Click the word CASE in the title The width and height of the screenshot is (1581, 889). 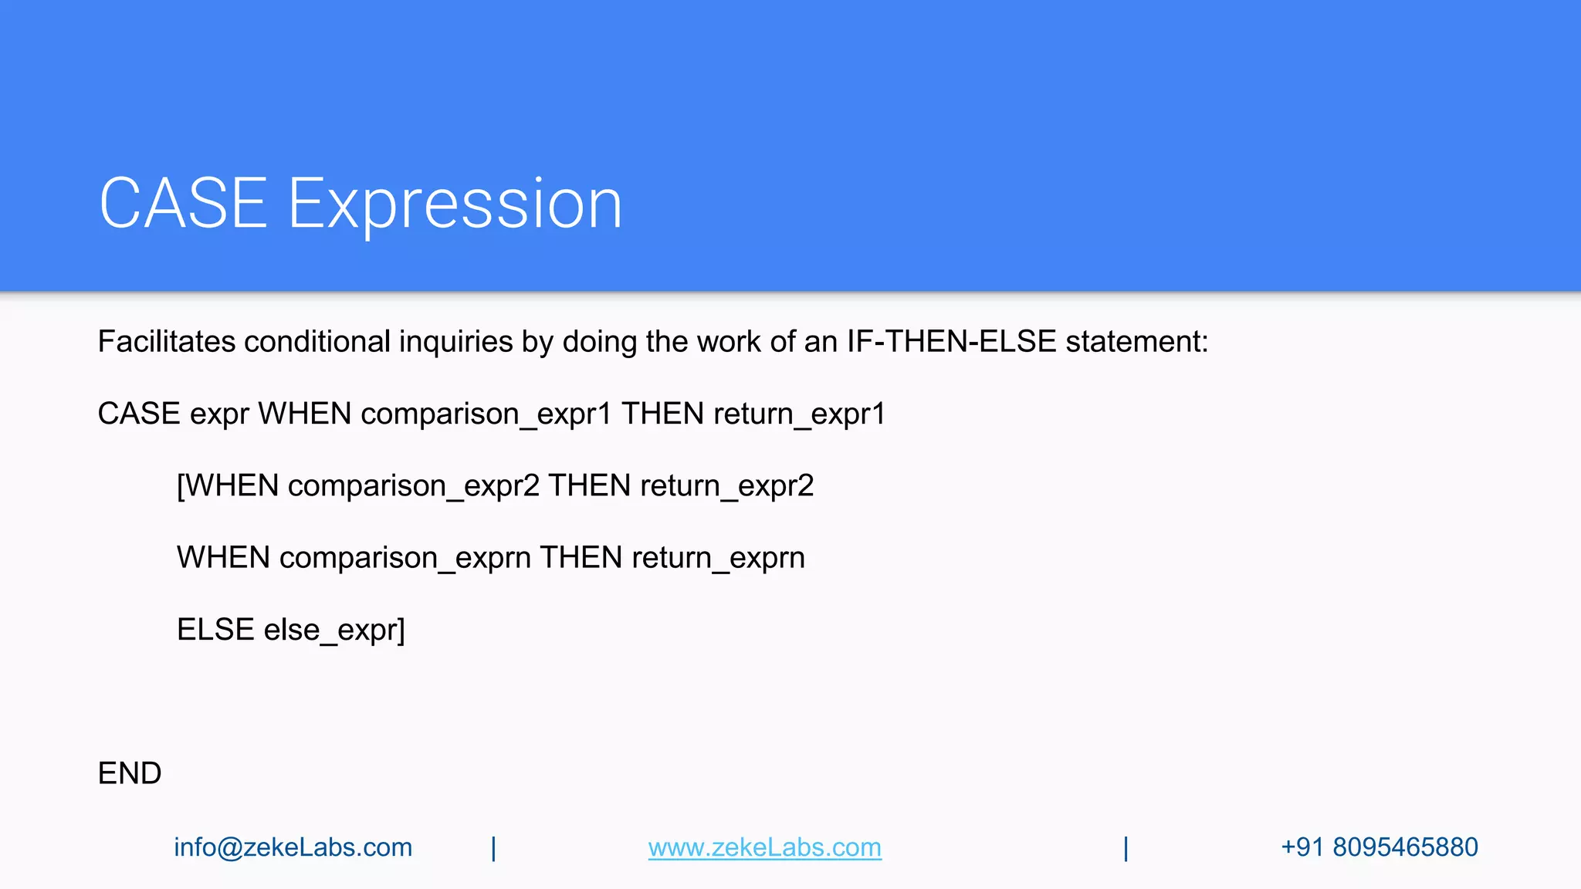pyautogui.click(x=183, y=203)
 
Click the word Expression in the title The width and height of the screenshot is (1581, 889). pyautogui.click(x=455, y=205)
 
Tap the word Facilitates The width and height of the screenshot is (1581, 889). pyautogui.click(x=166, y=341)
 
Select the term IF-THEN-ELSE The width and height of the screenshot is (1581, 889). pyautogui.click(x=951, y=341)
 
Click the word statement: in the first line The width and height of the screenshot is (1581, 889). pyautogui.click(x=1136, y=341)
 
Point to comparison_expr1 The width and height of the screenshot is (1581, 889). pyautogui.click(x=486, y=414)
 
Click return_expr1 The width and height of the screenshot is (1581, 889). pyautogui.click(x=799, y=414)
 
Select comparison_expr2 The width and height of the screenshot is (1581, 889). pyautogui.click(x=413, y=486)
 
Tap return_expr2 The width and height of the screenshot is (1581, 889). pyautogui.click(x=726, y=486)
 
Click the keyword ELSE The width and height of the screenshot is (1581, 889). pyautogui.click(x=215, y=630)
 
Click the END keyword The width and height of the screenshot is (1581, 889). pyautogui.click(x=130, y=773)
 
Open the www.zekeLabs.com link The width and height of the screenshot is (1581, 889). pyautogui.click(x=764, y=847)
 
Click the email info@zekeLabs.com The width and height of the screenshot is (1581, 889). pyautogui.click(x=293, y=847)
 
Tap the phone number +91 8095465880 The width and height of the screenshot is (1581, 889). pyautogui.click(x=1379, y=847)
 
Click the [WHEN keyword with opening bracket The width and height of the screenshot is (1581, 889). pyautogui.click(x=227, y=486)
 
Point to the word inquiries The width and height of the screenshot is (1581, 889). pyautogui.click(x=455, y=341)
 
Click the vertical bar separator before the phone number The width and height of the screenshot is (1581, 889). pyautogui.click(x=1126, y=848)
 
